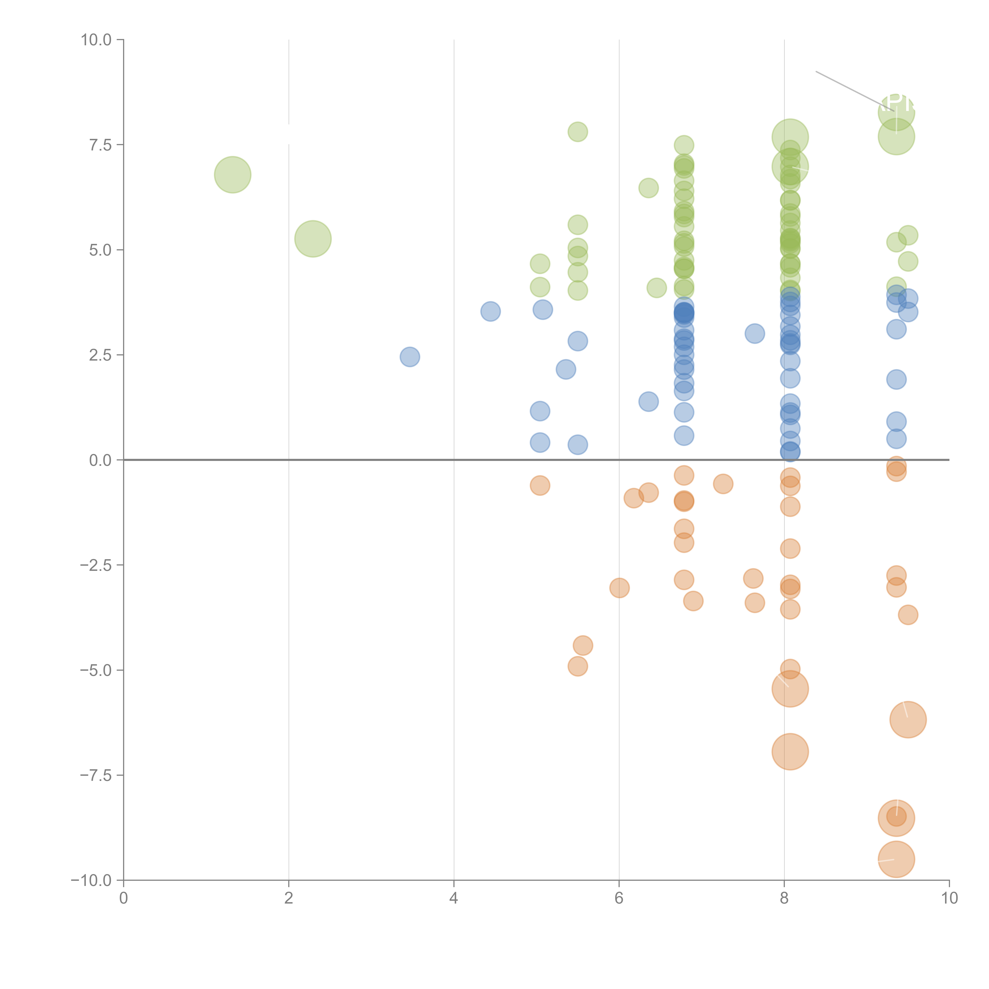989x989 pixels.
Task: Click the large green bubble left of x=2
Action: coord(232,175)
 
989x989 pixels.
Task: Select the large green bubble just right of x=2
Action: coord(313,239)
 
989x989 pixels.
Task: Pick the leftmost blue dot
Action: coord(409,357)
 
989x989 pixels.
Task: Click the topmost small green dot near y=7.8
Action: coord(577,132)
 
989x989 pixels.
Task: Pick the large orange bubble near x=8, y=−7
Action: coord(790,751)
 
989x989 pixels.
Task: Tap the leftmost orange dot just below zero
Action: coord(540,485)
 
